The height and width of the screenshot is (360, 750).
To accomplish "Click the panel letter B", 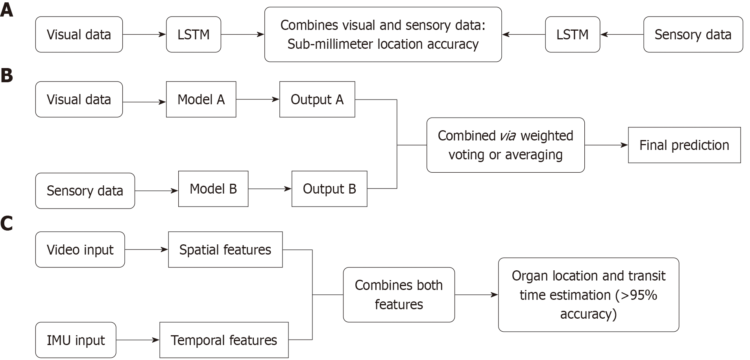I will (x=7, y=76).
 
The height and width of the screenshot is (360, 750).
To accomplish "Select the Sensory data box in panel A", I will (x=693, y=35).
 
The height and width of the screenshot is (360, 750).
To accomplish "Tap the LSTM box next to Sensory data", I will (x=572, y=35).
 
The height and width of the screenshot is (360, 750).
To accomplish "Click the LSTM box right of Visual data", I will (x=193, y=35).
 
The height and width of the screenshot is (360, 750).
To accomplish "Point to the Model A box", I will (x=201, y=100).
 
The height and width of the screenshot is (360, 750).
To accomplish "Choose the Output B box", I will (x=329, y=189).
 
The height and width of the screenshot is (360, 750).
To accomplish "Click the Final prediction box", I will (x=684, y=145).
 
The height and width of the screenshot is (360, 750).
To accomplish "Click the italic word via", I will (x=508, y=136).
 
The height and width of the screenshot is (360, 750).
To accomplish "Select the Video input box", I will (x=80, y=250).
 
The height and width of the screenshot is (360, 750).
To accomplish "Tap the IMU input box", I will (x=76, y=340).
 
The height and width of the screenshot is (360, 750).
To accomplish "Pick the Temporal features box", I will (x=224, y=340).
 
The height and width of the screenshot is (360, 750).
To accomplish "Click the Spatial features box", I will (x=225, y=250).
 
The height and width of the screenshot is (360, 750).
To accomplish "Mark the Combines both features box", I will (x=399, y=295).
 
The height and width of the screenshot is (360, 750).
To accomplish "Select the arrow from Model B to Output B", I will (x=270, y=189).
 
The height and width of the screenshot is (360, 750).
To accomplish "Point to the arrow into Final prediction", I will (x=606, y=145).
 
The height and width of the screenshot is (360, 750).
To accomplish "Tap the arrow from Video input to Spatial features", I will (x=146, y=250).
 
